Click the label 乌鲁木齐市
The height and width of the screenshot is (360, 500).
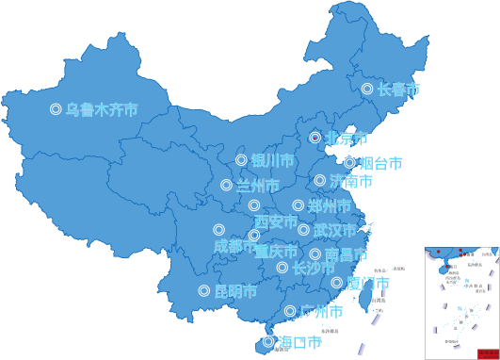point(101,109)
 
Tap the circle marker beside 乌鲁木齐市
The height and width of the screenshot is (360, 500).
point(56,109)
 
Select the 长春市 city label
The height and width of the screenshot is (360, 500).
point(398,90)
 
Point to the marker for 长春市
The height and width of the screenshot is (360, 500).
point(367,90)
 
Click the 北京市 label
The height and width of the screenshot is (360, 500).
point(347,139)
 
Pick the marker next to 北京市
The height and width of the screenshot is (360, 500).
point(315,138)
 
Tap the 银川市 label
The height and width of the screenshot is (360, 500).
point(272,161)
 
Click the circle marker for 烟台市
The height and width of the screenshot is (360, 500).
point(349,163)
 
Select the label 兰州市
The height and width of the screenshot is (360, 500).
point(257,185)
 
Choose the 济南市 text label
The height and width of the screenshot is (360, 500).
point(350,180)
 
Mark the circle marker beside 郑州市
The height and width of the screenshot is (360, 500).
point(298,205)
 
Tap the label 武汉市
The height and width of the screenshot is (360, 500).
point(334,230)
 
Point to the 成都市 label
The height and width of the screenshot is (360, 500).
point(234,246)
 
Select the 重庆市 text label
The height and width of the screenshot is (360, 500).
point(276,252)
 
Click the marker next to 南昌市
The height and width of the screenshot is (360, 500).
point(315,254)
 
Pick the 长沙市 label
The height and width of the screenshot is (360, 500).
point(313,268)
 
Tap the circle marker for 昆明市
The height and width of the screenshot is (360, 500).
point(203,291)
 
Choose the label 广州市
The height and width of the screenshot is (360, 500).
point(320,311)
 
